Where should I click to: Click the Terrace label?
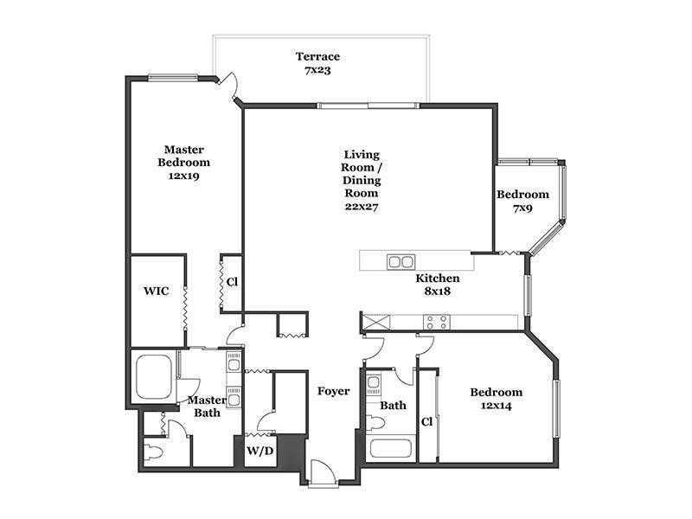[317, 56]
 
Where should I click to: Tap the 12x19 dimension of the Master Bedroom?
[183, 176]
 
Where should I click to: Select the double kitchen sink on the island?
[401, 262]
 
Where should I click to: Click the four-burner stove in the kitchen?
[437, 322]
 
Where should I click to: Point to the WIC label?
[157, 291]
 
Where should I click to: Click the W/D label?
[260, 451]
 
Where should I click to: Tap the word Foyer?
[334, 391]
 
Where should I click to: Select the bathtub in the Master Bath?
[154, 377]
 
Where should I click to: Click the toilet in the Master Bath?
[155, 452]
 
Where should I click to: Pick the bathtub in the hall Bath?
[391, 448]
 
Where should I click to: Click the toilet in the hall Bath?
[375, 422]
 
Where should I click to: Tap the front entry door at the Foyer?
[324, 473]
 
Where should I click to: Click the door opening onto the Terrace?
[229, 86]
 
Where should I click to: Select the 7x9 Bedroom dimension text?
[522, 208]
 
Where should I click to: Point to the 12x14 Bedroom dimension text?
[496, 406]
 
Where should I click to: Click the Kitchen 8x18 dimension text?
[438, 292]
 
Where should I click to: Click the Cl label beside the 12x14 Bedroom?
[426, 422]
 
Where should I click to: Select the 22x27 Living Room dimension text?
[362, 206]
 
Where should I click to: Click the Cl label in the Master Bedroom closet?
[232, 282]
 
